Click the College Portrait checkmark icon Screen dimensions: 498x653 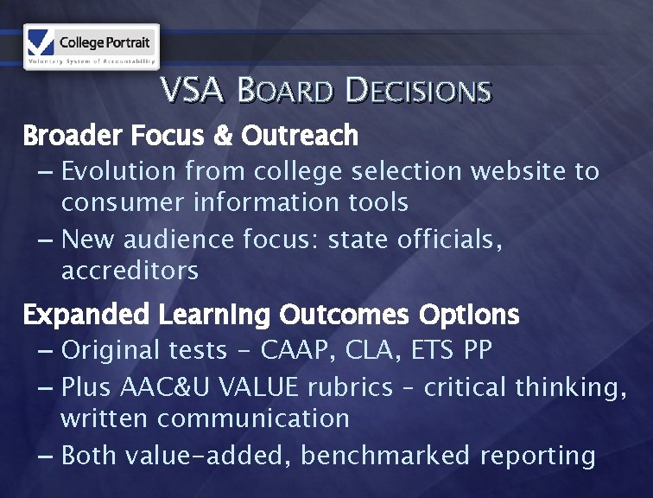tap(41, 41)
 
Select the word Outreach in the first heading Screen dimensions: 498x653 tap(300, 136)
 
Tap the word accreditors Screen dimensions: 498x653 tap(130, 271)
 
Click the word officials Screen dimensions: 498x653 tap(449, 239)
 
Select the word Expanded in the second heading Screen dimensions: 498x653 tap(86, 316)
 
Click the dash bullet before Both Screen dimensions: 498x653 tap(47, 456)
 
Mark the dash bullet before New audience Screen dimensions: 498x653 tap(47, 239)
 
